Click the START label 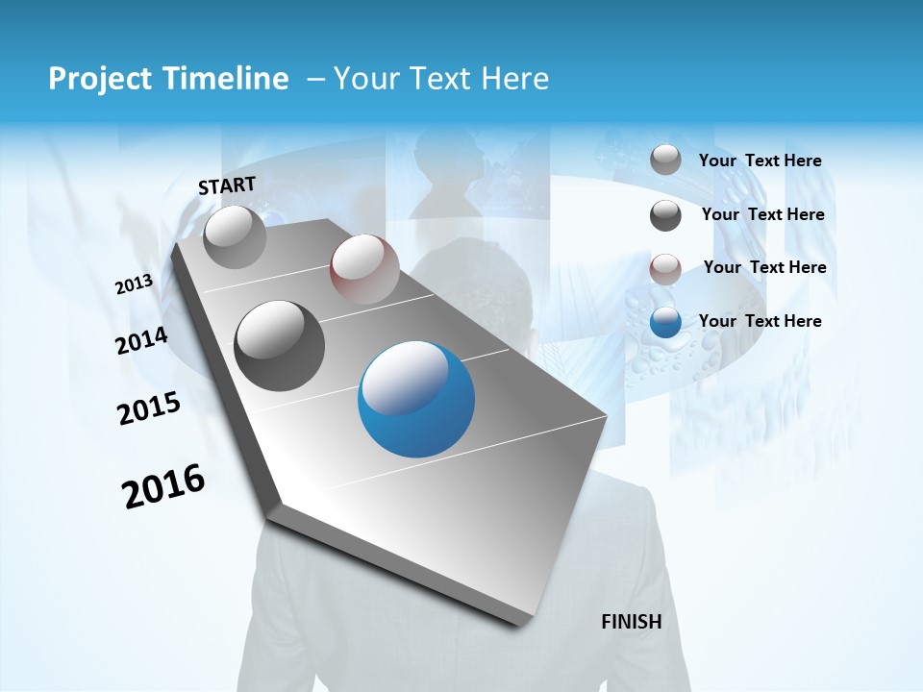[227, 185]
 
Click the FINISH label [631, 622]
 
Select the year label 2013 [134, 284]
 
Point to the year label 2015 [149, 409]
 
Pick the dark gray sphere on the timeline [280, 346]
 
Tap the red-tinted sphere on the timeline [364, 269]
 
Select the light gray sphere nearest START [235, 237]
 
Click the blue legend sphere [665, 323]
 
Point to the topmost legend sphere [665, 161]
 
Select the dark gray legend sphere [665, 215]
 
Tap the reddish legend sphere [665, 269]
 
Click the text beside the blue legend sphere [760, 321]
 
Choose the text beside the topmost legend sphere [760, 161]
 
